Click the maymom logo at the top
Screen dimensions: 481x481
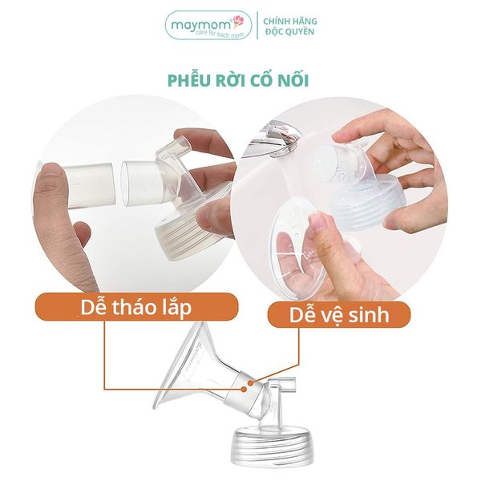[x=208, y=25]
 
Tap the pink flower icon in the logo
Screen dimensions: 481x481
[x=239, y=21]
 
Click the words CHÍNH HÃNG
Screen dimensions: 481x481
[x=290, y=21]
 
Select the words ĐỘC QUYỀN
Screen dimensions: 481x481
[x=290, y=31]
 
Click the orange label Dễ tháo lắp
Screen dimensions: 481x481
[x=137, y=307]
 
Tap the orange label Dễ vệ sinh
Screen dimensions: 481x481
[x=339, y=314]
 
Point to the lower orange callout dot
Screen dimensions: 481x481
[x=244, y=389]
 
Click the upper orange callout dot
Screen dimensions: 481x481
[x=251, y=382]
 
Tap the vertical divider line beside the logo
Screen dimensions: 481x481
[x=257, y=26]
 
